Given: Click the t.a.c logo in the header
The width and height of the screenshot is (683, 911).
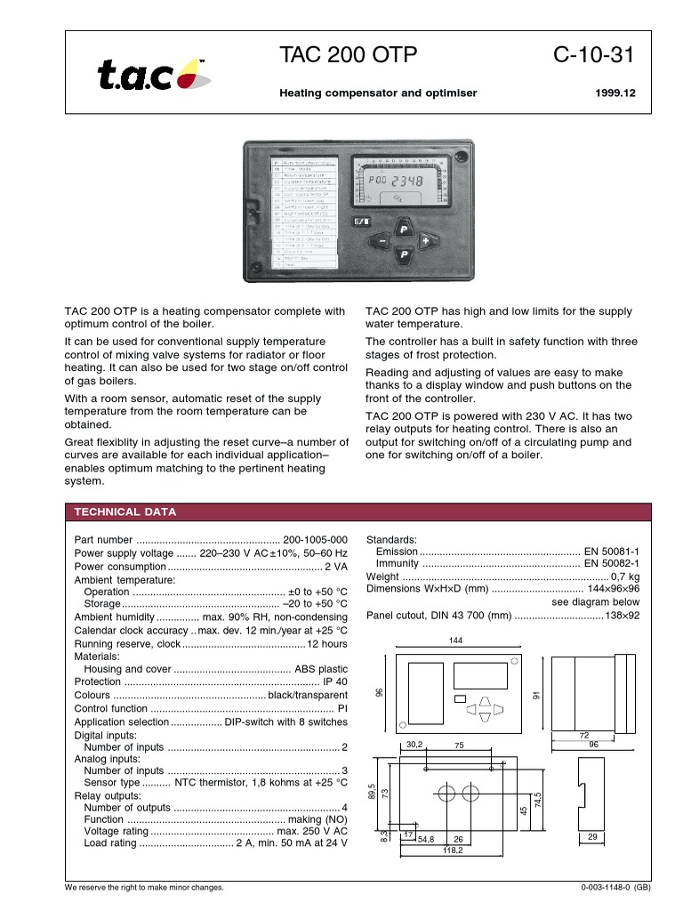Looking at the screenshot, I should point(153,76).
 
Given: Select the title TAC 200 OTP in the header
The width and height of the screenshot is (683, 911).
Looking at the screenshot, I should point(348,56).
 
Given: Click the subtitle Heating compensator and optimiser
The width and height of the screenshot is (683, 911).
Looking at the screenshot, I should point(378,93).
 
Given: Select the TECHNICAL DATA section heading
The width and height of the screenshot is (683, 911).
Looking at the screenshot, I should point(125,512).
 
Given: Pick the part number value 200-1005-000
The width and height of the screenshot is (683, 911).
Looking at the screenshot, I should point(316,540).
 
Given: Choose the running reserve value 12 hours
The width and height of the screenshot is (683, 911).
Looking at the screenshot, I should point(326,643).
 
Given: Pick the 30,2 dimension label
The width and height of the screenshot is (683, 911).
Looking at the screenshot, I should point(414,745).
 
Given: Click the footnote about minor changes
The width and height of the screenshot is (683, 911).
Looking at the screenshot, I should point(145,889).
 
